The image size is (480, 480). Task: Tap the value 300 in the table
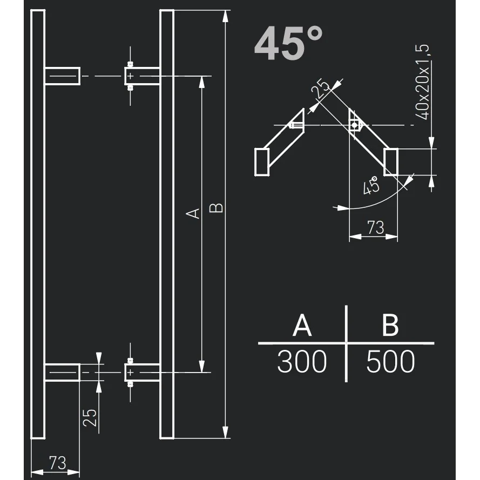(302, 362)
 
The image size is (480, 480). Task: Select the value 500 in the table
(390, 362)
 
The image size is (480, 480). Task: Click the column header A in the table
(302, 326)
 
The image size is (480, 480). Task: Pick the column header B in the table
(390, 326)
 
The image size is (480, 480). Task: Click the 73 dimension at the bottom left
(57, 462)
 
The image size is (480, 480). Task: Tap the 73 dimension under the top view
(375, 228)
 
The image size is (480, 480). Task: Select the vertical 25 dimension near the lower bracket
(91, 417)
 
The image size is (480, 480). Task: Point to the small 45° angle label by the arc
(371, 186)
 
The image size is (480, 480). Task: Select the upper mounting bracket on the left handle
(62, 76)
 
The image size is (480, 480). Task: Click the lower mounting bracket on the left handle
(62, 372)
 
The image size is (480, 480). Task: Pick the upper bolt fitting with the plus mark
(130, 76)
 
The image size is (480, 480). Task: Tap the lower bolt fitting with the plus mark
(130, 372)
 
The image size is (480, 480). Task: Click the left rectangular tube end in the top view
(262, 161)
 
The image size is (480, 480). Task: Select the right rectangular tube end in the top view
(391, 161)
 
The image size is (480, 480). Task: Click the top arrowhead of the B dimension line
(226, 16)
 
